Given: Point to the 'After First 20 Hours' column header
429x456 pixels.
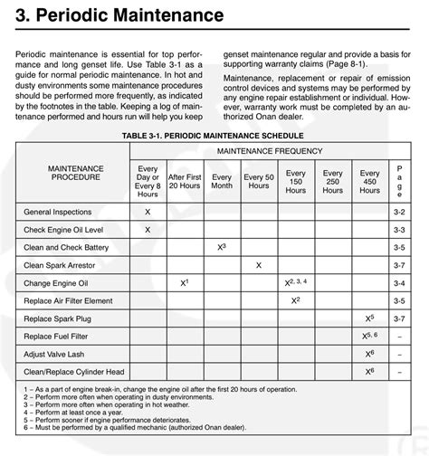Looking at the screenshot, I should tap(185, 179).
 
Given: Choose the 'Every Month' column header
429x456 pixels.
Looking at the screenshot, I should tap(221, 179).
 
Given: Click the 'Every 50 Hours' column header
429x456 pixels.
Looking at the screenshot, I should tap(258, 179).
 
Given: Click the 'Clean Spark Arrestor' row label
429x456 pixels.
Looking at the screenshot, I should tap(58, 265).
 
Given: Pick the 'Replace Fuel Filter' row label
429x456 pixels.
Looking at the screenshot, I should tap(56, 336).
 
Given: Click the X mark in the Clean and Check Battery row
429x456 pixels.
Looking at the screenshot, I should tap(221, 247).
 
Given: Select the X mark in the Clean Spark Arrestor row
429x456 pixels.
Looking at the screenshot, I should tap(258, 265).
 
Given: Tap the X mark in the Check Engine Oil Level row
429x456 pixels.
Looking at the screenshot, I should tap(148, 229).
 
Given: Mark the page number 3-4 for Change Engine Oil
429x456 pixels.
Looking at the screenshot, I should tap(400, 283).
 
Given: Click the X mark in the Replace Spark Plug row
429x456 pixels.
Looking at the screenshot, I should tap(368, 318).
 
